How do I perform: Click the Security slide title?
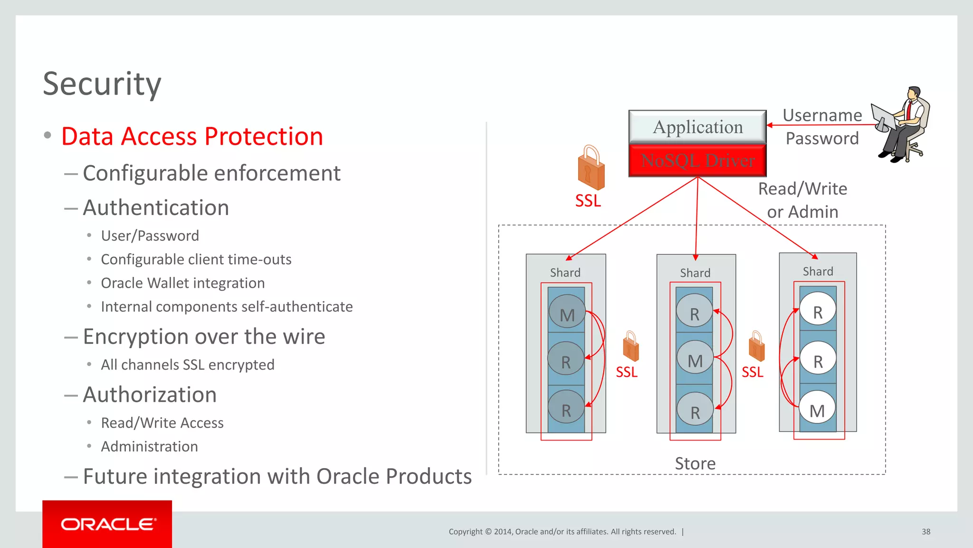coord(102,84)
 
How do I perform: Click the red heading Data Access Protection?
coord(192,137)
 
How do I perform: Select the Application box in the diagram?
coord(697,127)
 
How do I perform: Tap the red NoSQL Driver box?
coord(697,161)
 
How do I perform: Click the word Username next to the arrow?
coord(822,115)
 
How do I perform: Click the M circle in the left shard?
coord(567,313)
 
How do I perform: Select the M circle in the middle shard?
coord(695,360)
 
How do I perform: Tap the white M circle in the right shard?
coord(817,410)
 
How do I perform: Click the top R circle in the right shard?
coord(818,312)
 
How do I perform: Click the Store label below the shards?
coord(695,463)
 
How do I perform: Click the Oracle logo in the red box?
coord(107,524)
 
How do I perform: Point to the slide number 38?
coord(925,532)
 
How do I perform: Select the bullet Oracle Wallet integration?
coord(182,283)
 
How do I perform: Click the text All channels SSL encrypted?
coord(187,365)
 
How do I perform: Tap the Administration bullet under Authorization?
coord(149,447)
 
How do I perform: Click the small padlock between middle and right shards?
coord(756,347)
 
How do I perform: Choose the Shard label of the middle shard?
coord(695,273)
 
